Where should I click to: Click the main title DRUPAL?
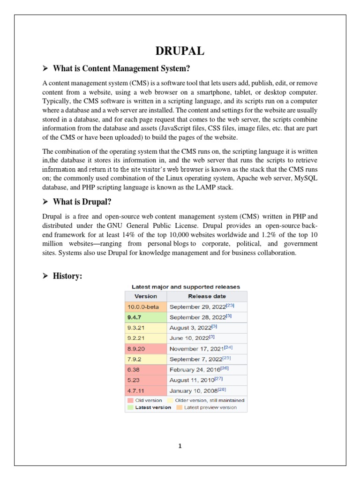click(x=180, y=50)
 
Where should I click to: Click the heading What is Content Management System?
click(x=121, y=68)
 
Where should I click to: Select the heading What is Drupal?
click(x=82, y=202)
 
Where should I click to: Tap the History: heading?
click(x=67, y=277)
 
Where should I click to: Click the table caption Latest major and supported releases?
click(x=186, y=286)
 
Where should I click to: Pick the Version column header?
click(x=145, y=296)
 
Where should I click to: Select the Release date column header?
click(x=207, y=296)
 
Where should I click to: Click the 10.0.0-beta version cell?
click(x=145, y=307)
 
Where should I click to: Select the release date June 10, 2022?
click(x=189, y=337)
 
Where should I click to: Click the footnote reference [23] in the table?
click(x=230, y=306)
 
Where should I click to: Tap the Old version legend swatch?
click(x=130, y=400)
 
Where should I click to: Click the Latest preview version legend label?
click(x=210, y=407)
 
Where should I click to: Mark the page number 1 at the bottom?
click(x=180, y=446)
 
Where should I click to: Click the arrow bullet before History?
click(x=45, y=277)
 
